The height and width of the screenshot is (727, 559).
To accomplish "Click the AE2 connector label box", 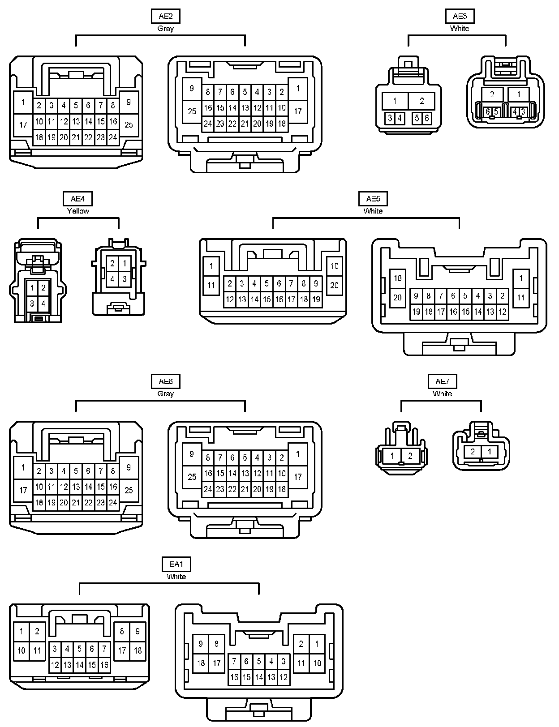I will (x=166, y=17).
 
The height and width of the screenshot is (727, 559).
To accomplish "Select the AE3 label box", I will (x=460, y=17).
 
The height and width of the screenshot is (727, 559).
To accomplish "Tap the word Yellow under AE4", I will (x=78, y=211).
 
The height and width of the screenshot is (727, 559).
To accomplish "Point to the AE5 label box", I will (x=373, y=199).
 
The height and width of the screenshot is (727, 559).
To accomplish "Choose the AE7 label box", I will (x=442, y=381).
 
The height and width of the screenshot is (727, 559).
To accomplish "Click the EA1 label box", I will (x=176, y=564).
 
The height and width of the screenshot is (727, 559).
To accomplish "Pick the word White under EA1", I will (x=176, y=577).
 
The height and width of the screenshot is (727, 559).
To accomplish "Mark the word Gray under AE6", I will (x=166, y=393).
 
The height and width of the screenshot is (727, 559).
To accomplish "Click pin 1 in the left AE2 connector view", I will (x=23, y=103).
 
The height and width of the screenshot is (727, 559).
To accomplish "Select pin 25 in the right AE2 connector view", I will (x=192, y=111).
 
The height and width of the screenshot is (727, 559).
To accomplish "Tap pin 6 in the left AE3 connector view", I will (x=427, y=118).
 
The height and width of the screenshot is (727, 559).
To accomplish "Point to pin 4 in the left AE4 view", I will (x=43, y=304).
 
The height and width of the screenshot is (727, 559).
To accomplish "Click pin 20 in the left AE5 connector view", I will (x=335, y=285).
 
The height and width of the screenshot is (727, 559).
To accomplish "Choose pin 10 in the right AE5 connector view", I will (x=397, y=278).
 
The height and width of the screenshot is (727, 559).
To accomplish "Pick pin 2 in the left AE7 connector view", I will (x=410, y=456).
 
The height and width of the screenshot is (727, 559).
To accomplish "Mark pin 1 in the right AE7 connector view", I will (x=490, y=452).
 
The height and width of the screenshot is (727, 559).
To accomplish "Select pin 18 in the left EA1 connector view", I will (x=138, y=650).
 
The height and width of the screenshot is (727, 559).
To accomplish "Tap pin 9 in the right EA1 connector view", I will (x=201, y=644).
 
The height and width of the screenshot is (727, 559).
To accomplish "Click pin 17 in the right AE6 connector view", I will (x=298, y=477).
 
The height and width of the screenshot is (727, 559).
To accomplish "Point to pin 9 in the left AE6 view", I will (x=129, y=468).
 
